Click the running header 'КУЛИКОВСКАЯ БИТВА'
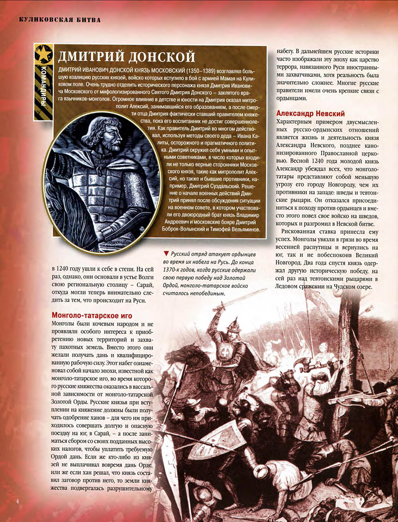(60, 20)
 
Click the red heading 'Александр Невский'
(310, 114)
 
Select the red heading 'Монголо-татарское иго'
(92, 316)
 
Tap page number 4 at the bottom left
(17, 501)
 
